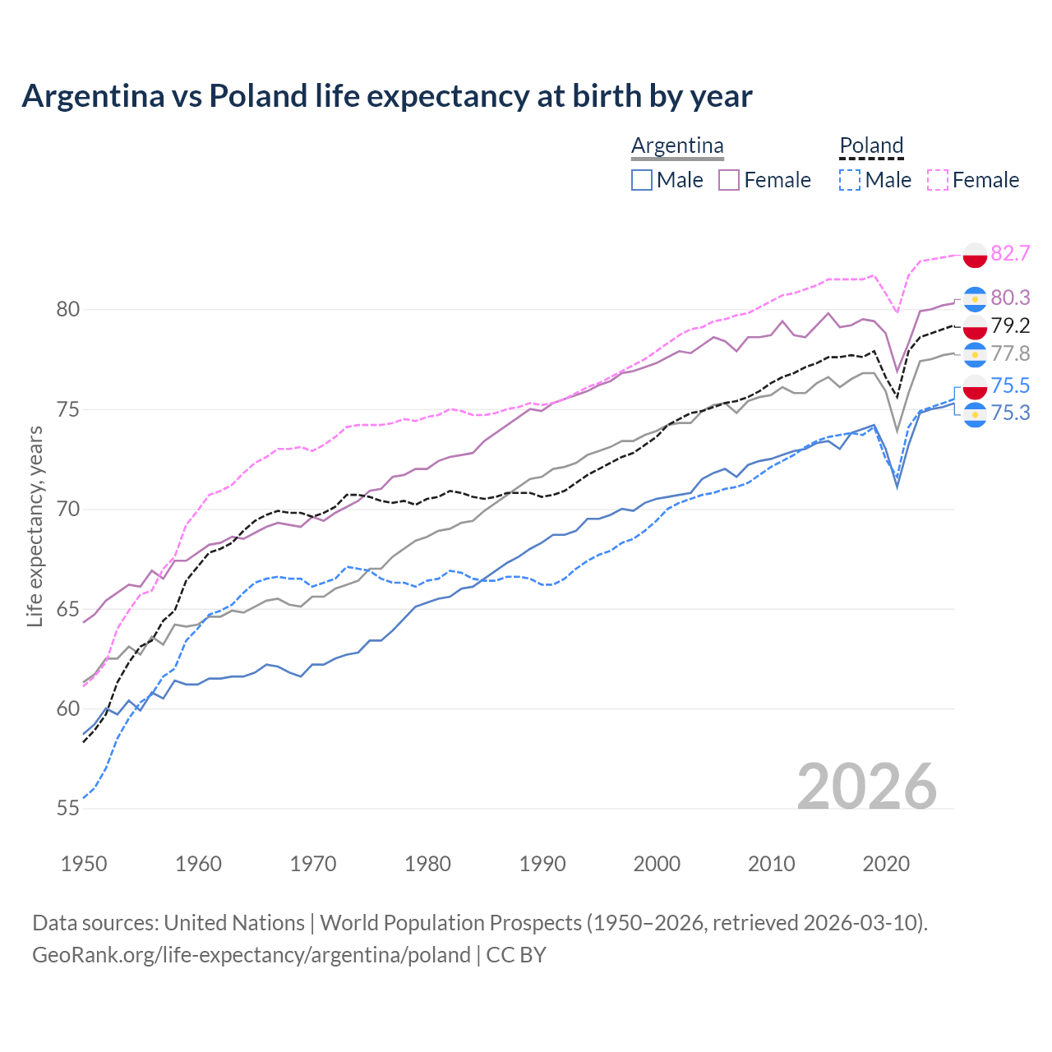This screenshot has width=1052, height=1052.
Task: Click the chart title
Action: pyautogui.click(x=386, y=96)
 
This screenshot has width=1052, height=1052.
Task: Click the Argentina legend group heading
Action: pyautogui.click(x=677, y=146)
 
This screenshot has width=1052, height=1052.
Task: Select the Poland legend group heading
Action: pyautogui.click(x=871, y=146)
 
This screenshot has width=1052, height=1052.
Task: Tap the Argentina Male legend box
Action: pyautogui.click(x=642, y=180)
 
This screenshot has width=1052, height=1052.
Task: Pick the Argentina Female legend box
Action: pyautogui.click(x=729, y=180)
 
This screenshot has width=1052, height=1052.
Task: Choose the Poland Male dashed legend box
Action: pyautogui.click(x=850, y=180)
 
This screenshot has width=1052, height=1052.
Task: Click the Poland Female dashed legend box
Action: pyautogui.click(x=938, y=180)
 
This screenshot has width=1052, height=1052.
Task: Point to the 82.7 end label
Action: pyautogui.click(x=1010, y=253)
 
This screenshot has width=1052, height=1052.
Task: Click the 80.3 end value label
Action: pyautogui.click(x=1010, y=298)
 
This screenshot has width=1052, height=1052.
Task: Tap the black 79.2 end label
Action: pyautogui.click(x=1010, y=326)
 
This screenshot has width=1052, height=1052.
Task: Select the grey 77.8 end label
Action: pyautogui.click(x=1010, y=354)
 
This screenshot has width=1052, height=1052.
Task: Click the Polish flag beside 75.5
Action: pyautogui.click(x=975, y=386)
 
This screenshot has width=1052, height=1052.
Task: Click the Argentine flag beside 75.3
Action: pyautogui.click(x=975, y=414)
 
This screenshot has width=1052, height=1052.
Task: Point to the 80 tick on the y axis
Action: pyautogui.click(x=68, y=310)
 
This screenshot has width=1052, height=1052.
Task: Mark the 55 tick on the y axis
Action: pyautogui.click(x=68, y=809)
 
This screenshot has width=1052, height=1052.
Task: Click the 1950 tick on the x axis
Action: pyautogui.click(x=84, y=864)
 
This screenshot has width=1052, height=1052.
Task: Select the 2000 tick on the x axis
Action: pyautogui.click(x=657, y=864)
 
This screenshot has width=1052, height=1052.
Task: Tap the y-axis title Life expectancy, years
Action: pyautogui.click(x=35, y=526)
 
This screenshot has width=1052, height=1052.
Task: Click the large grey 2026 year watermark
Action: pyautogui.click(x=867, y=787)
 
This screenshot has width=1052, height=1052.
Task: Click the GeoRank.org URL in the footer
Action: pyautogui.click(x=251, y=955)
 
